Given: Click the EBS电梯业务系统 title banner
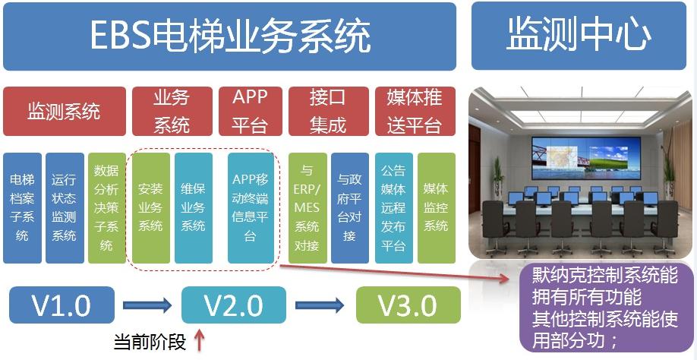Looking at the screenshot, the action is point(229,36).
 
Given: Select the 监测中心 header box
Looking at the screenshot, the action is point(579,36).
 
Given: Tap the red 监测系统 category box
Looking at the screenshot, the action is point(65,111).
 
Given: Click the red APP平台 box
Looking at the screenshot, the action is point(251,111).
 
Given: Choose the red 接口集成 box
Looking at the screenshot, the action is point(329,111).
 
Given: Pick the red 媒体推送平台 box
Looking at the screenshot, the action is point(415,111).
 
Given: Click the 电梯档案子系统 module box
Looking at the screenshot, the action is point(22,208).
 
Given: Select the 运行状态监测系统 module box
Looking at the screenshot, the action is point(65,208).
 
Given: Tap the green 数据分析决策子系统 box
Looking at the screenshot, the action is point(107,208).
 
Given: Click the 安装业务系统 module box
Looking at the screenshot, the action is point(150,208).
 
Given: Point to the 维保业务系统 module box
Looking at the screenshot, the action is point(194,208).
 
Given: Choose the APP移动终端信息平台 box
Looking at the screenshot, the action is point(251,208).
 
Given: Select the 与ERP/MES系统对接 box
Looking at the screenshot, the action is point(307,208).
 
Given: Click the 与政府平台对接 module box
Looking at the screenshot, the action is point(350,208).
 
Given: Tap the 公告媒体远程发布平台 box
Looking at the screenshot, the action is point(394,208).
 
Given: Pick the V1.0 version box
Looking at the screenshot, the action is point(61,305).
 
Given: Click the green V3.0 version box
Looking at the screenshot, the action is point(408,305).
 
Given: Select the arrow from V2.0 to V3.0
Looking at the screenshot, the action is point(320,305).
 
